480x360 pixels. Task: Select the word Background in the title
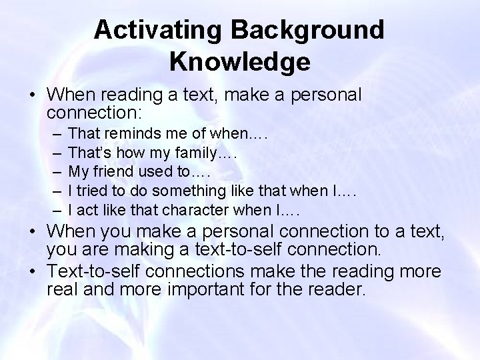[x=321, y=30]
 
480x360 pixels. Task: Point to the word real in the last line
[x=62, y=291]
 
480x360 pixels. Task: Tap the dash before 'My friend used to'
[x=53, y=173]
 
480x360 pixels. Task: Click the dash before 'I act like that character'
[x=53, y=211]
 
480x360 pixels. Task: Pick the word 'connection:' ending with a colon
[x=87, y=113]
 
